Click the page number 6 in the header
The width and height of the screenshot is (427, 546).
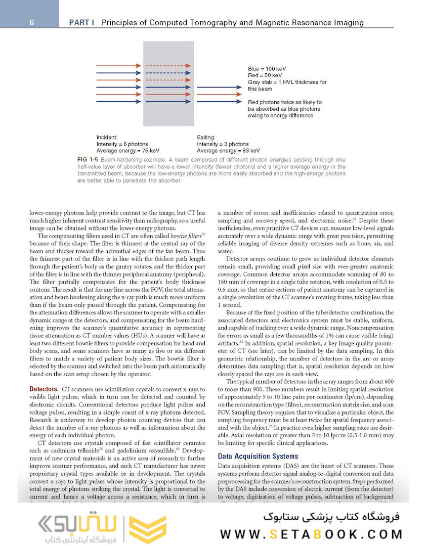[x=31, y=23]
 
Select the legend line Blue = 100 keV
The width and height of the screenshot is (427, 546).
[x=269, y=68]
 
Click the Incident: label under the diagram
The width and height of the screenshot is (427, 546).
[x=107, y=137]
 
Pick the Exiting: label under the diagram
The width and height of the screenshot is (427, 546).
[x=207, y=137]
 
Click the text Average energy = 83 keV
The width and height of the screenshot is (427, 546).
[x=228, y=150]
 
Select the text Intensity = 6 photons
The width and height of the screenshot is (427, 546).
[x=122, y=144]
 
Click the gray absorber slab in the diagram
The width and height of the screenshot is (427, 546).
[x=169, y=83]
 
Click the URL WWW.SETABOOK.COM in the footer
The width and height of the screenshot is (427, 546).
[x=311, y=534]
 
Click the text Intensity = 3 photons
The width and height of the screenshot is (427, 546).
[x=223, y=144]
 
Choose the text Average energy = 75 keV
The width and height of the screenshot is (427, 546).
[x=128, y=150]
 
